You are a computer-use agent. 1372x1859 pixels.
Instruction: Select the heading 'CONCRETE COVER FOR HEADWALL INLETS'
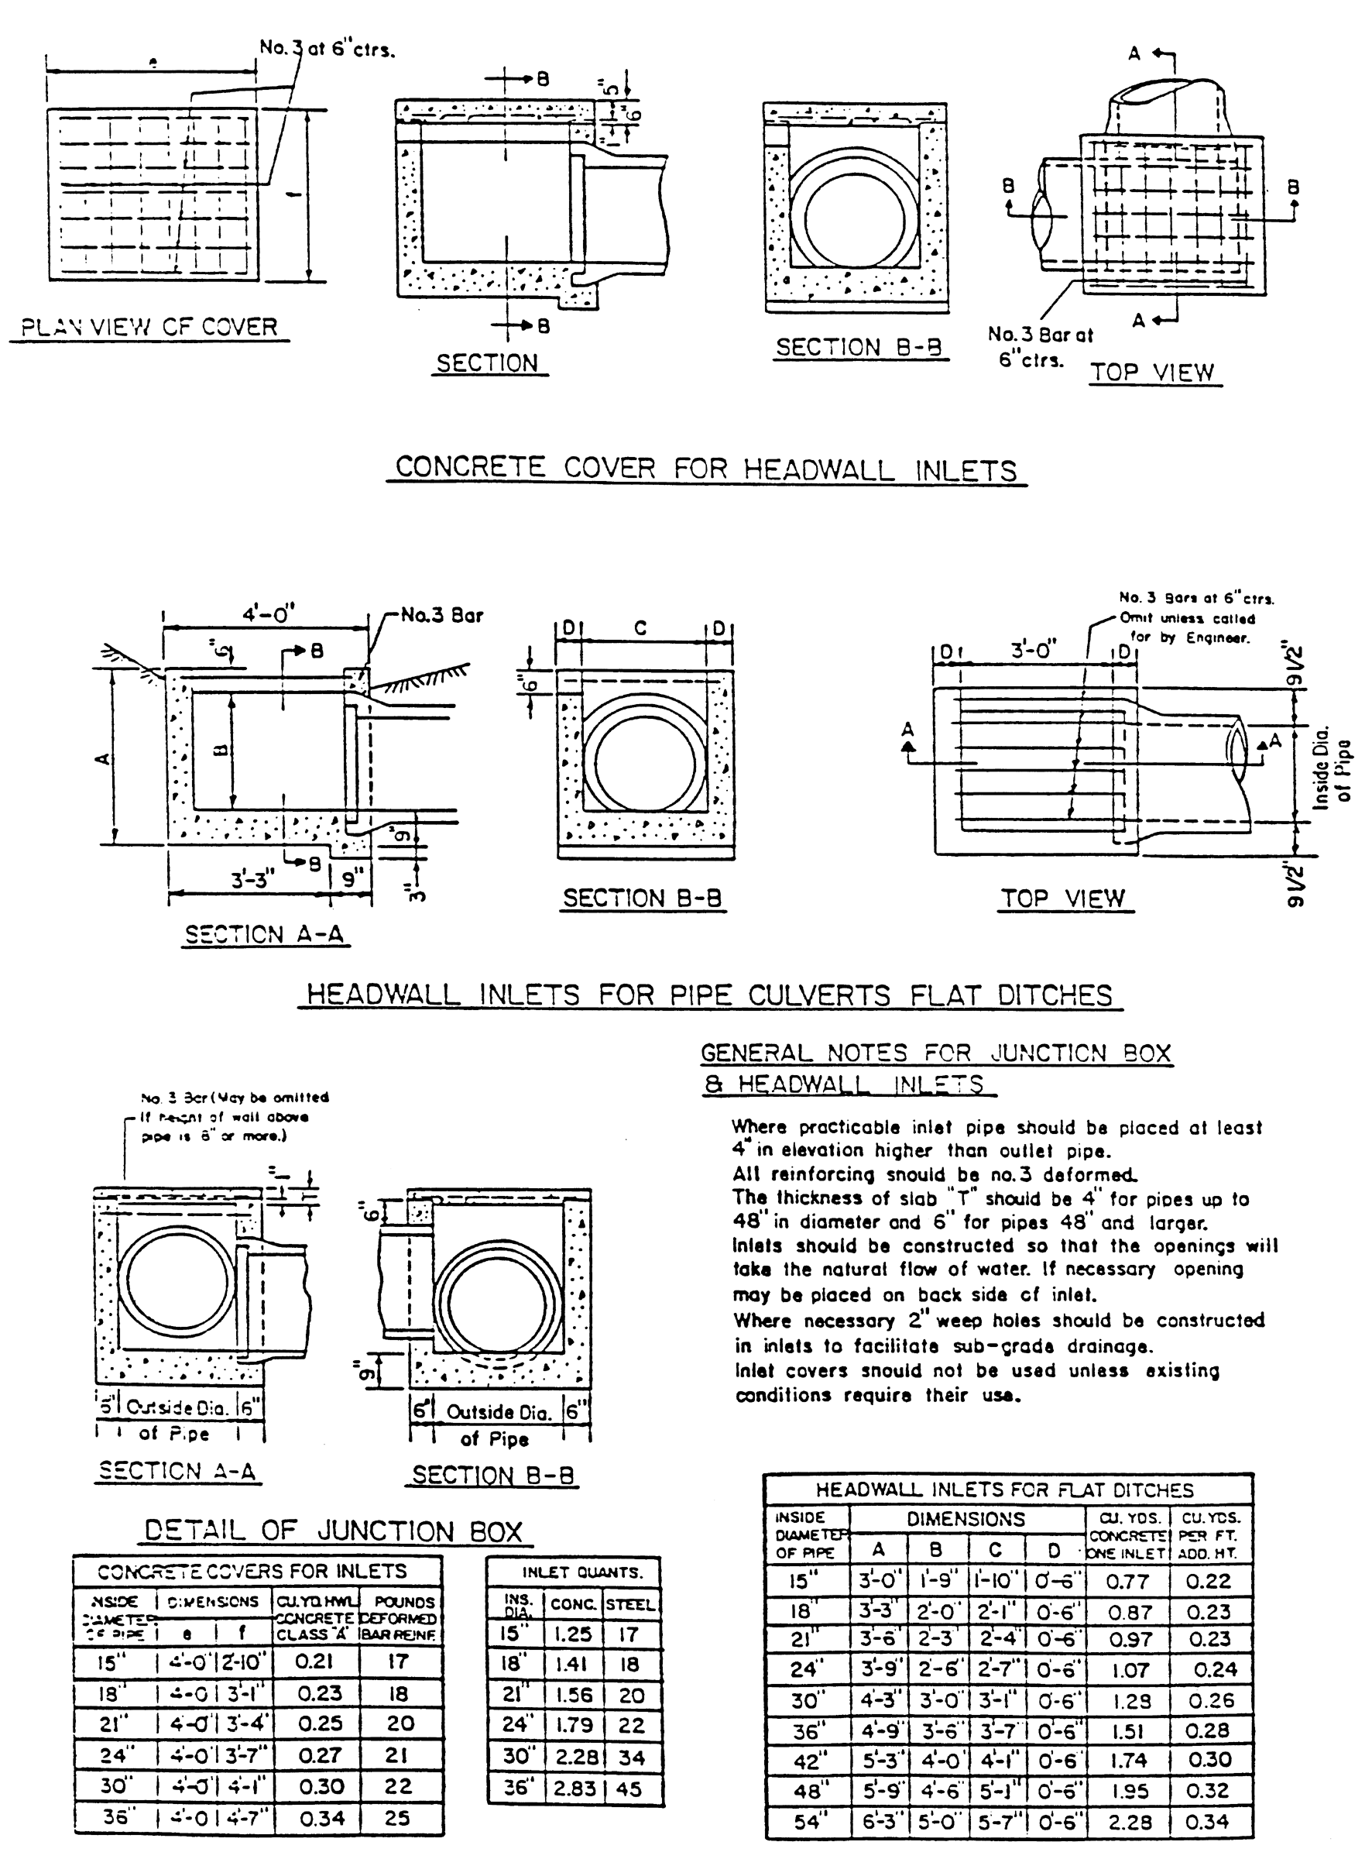pos(706,469)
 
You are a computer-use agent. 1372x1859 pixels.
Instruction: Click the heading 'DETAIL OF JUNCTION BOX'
pos(334,1531)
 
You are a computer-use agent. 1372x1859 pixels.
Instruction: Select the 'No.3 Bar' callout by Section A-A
pos(442,616)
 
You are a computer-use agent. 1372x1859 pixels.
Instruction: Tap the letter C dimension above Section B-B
pos(640,629)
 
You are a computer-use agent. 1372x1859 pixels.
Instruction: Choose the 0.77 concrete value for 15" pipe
pos(1127,1581)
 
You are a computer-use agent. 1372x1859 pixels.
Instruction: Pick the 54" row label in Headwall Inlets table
pos(807,1822)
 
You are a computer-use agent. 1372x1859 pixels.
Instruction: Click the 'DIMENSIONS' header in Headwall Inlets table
pos(965,1519)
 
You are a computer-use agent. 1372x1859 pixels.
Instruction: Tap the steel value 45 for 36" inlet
pos(629,1789)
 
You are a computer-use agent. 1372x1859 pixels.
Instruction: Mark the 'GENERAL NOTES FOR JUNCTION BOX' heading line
pos(936,1053)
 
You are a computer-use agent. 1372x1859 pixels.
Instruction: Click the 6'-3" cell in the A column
pos(878,1822)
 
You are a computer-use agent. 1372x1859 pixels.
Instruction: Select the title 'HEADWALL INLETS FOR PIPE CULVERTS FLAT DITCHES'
pos(710,995)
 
